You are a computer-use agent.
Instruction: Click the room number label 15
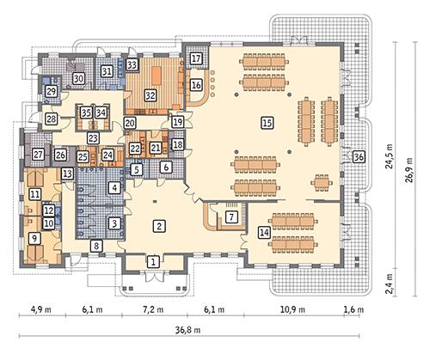pos(267,124)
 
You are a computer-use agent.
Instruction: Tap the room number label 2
pos(159,226)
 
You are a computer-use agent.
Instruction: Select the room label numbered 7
pos(230,217)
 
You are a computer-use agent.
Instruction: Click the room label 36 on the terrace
pos(358,157)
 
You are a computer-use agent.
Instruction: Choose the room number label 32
pos(150,95)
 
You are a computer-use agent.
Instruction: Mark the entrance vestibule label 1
pos(152,260)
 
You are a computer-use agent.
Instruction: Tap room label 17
pos(196,58)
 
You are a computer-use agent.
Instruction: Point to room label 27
pos(38,155)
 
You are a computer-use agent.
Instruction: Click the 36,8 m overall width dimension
pos(197,329)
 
